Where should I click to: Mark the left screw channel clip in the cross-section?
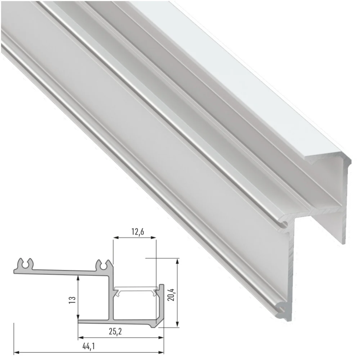click(x=26, y=264)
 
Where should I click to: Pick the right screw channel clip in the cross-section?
click(x=103, y=264)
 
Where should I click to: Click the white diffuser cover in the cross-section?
click(x=135, y=289)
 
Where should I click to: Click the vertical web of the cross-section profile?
click(x=111, y=298)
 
